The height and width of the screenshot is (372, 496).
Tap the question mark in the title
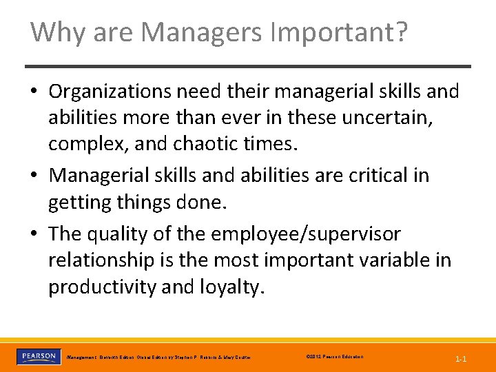coord(400,32)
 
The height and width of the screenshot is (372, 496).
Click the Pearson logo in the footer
coord(38,357)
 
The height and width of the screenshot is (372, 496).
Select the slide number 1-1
coord(460,359)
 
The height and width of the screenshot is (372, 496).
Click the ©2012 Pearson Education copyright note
coord(333,357)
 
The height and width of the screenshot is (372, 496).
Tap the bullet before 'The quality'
coord(36,234)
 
